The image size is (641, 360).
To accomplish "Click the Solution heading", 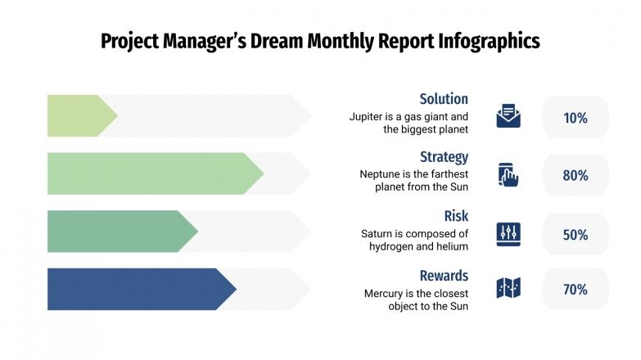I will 444,99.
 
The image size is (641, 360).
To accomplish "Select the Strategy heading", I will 444,157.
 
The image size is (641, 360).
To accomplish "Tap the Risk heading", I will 456,216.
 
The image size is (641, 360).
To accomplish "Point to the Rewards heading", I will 444,276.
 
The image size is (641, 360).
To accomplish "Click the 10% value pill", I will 576,118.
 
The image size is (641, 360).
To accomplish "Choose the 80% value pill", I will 576,175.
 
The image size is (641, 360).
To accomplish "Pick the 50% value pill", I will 576,235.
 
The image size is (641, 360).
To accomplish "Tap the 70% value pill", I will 576,289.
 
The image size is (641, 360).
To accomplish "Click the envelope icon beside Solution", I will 508,116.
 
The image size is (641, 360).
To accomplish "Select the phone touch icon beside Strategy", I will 508,175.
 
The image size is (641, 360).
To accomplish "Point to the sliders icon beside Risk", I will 508,234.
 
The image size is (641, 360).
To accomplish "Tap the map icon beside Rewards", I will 508,288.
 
